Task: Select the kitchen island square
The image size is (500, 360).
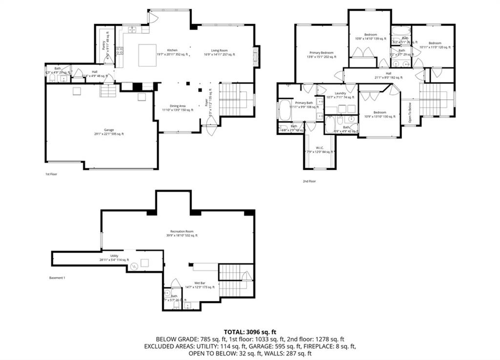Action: [147, 55]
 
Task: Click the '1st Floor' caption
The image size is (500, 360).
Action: [51, 174]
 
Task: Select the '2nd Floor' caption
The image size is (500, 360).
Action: [309, 181]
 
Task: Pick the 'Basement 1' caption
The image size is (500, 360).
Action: [57, 278]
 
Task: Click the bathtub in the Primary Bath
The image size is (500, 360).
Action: [284, 111]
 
